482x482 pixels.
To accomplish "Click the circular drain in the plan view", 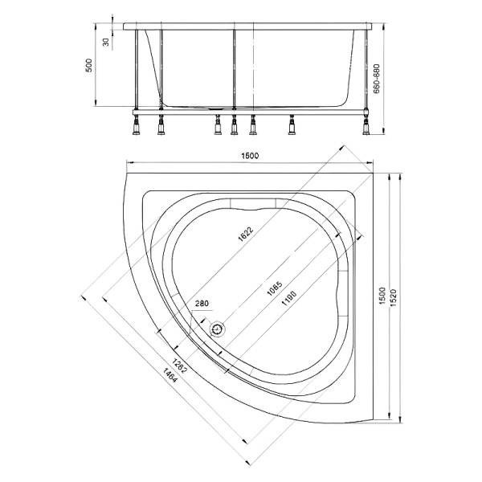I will (x=217, y=328).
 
